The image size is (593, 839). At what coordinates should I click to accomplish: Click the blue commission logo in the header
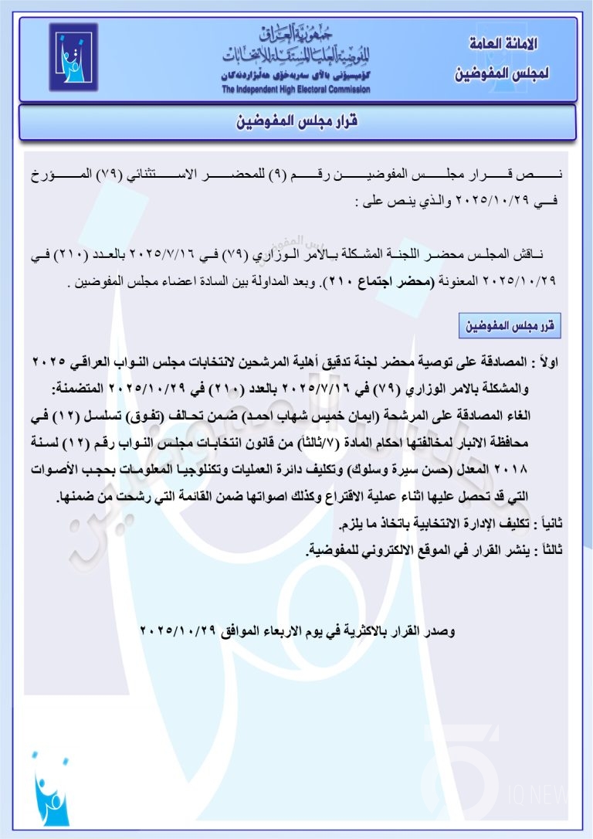tap(74, 59)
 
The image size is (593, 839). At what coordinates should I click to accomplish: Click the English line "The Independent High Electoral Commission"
tap(296, 90)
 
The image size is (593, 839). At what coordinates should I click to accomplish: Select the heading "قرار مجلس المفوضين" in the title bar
tap(296, 122)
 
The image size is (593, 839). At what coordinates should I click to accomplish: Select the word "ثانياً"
tap(556, 524)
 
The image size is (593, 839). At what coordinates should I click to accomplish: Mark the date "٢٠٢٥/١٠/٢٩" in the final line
tap(182, 631)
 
